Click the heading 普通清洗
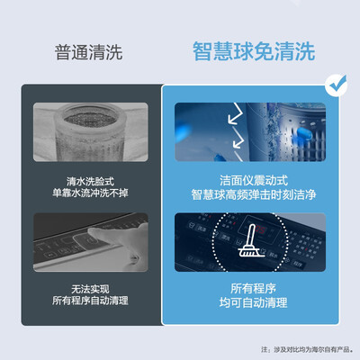[x=88, y=52]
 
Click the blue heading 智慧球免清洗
[x=254, y=51]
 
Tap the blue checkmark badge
[x=337, y=85]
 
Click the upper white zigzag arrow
[x=236, y=113]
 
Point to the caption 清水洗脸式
[x=90, y=181]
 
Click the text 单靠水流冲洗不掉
[x=90, y=193]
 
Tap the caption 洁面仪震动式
[x=254, y=181]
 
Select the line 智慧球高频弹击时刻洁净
[x=254, y=194]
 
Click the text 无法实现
[x=90, y=289]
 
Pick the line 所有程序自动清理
[x=90, y=301]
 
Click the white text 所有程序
[x=254, y=289]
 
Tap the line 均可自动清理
[x=254, y=302]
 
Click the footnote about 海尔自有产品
[x=307, y=349]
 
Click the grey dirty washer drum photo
[x=91, y=132]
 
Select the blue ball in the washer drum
[x=305, y=132]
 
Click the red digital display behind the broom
[x=258, y=230]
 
